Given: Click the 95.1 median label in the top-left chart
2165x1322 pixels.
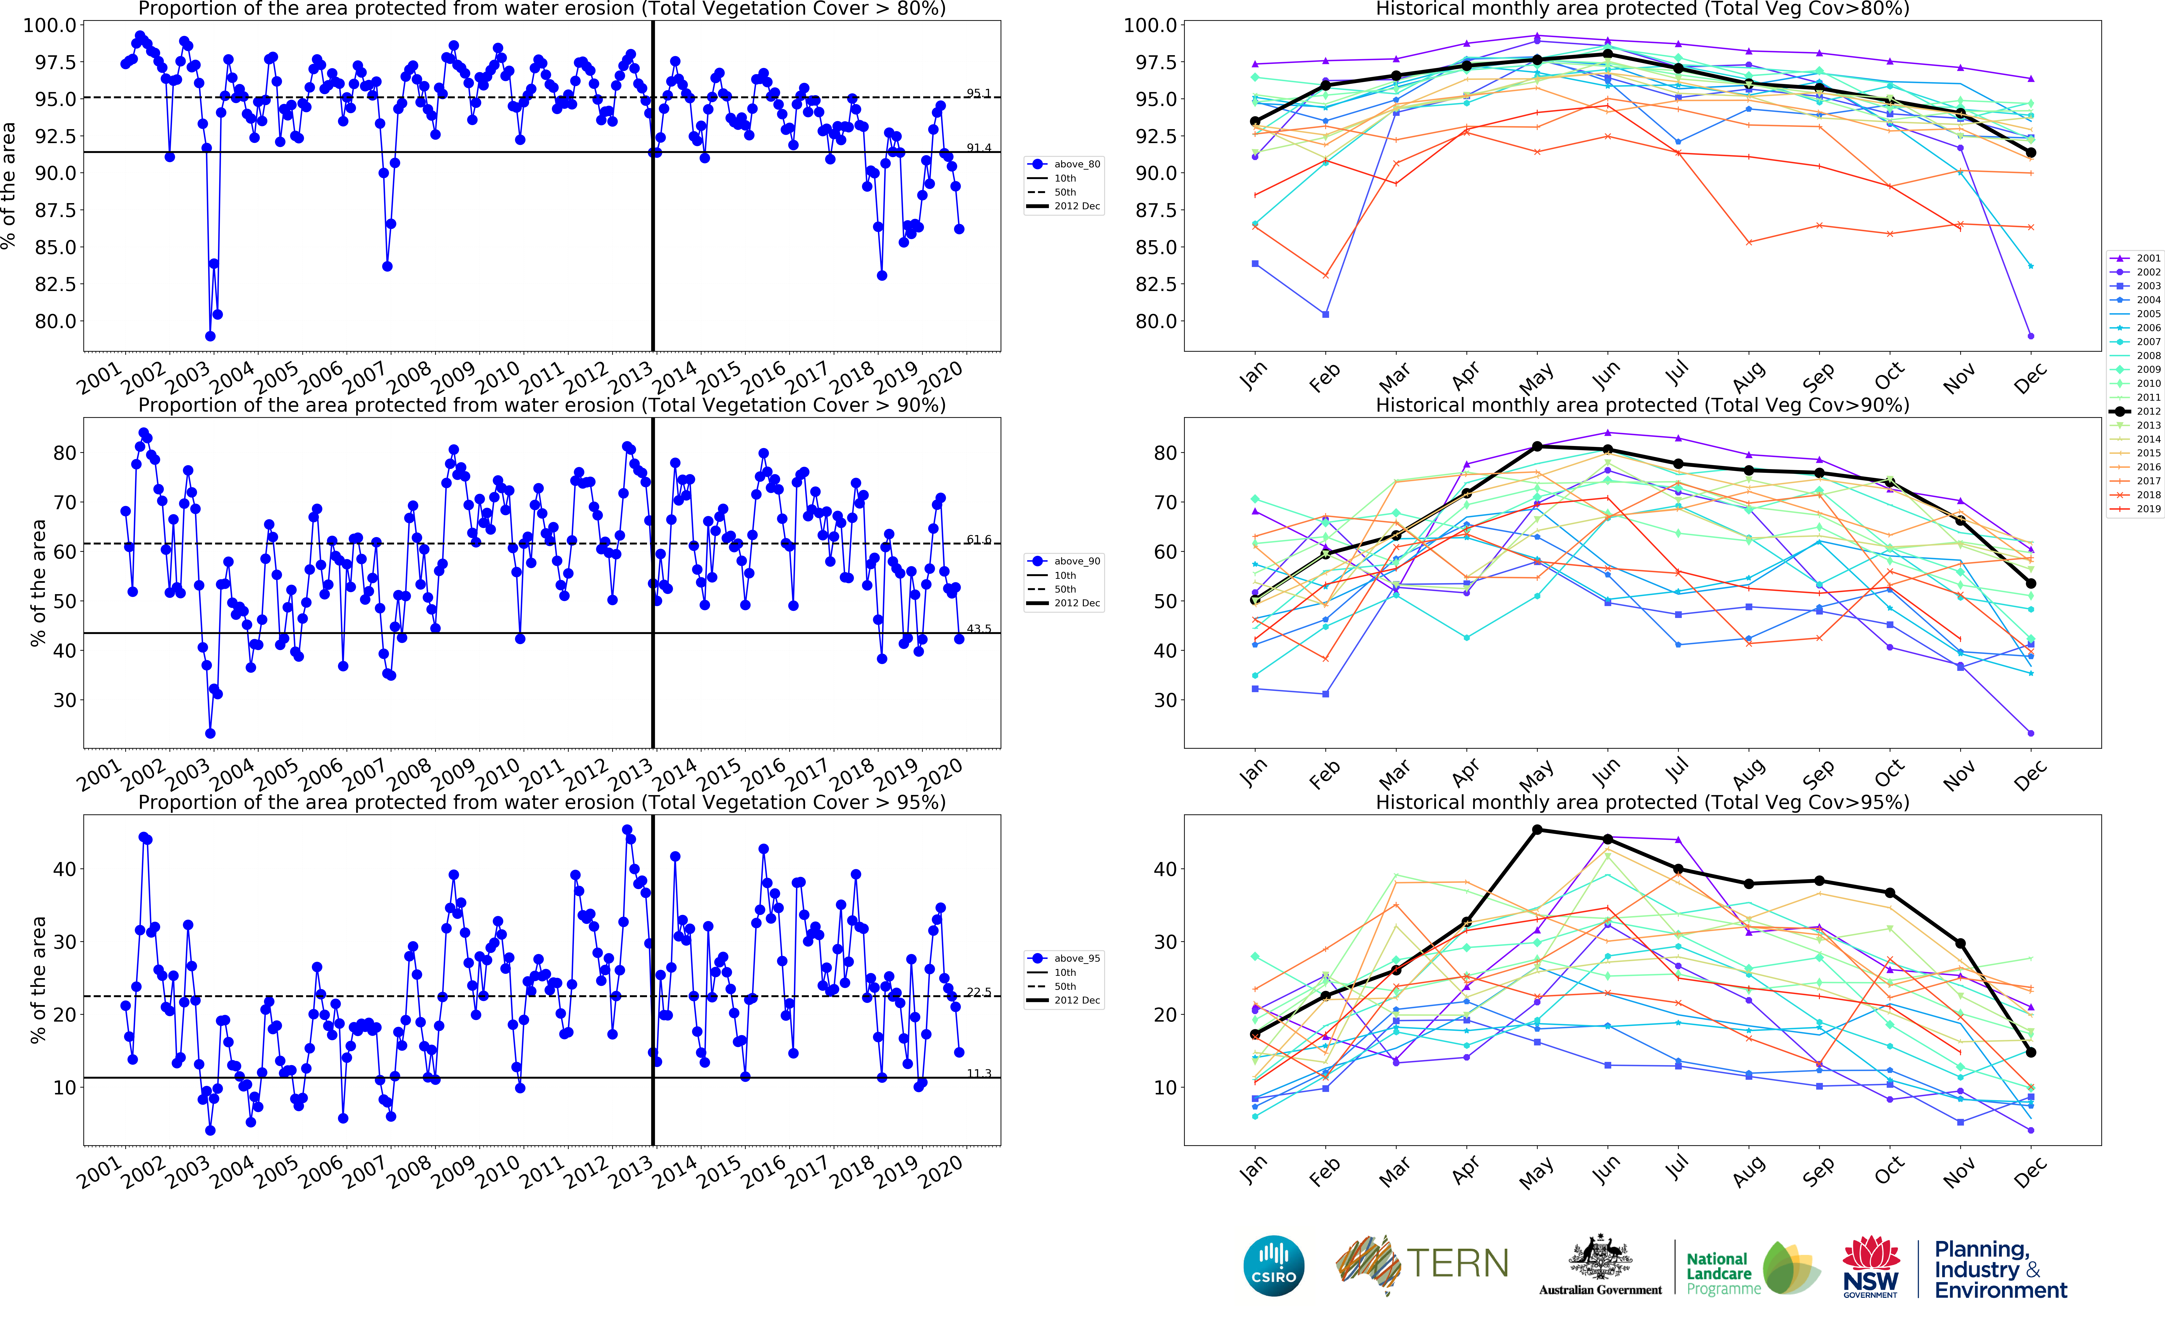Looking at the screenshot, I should pyautogui.click(x=978, y=93).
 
